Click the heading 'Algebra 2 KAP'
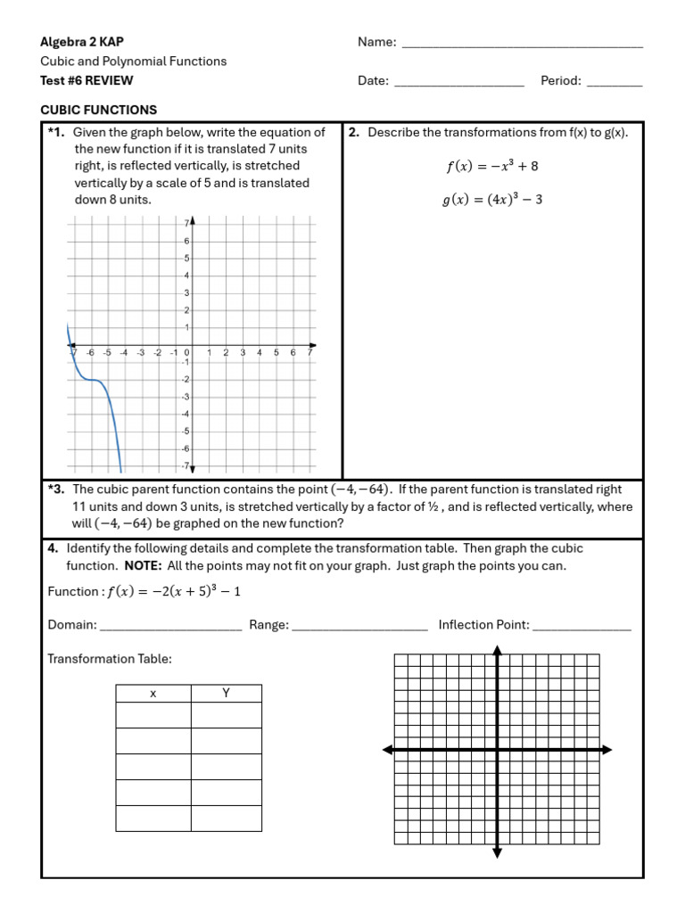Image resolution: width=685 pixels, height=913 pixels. coord(82,42)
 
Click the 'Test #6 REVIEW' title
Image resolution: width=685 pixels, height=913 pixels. coord(87,80)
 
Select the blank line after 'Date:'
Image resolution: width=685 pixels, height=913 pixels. coord(458,83)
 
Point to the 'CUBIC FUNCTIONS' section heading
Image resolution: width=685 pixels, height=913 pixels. coord(99,110)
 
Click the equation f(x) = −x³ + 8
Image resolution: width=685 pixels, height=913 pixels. coord(491,166)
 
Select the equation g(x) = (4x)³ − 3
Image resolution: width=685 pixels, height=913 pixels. coord(491,200)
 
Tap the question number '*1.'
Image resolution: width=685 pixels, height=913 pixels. coord(56,132)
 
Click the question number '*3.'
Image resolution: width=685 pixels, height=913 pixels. coord(56,489)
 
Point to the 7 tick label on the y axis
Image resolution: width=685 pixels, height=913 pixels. coord(186,223)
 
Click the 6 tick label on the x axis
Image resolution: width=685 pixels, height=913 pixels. coord(293,353)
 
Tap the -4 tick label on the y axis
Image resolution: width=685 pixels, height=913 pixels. coord(185,414)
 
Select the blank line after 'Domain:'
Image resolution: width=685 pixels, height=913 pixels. coord(170,627)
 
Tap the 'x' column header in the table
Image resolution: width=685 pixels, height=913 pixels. coord(153,694)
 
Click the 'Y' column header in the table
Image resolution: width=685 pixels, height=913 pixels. coord(227,694)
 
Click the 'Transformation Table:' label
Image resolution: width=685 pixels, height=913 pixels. coord(109,659)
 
